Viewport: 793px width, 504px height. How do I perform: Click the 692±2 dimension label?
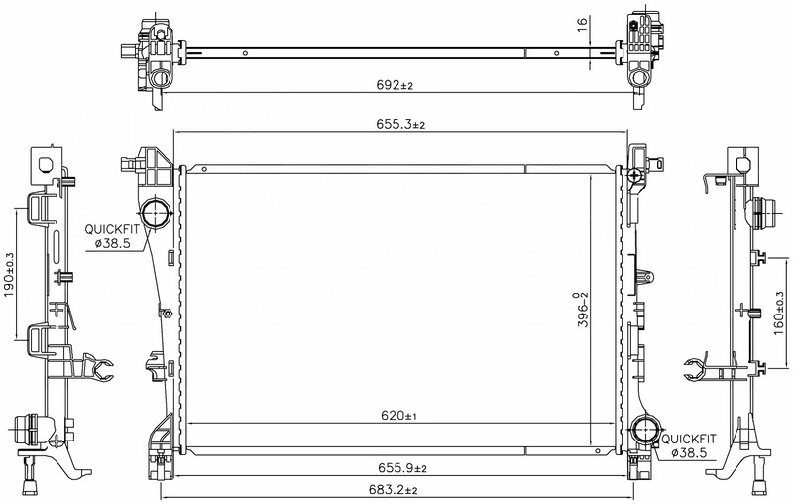click(x=395, y=85)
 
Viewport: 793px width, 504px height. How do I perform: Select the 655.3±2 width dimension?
click(x=400, y=124)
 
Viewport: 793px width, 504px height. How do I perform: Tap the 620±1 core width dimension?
click(x=399, y=416)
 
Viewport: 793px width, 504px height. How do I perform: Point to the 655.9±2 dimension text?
click(x=402, y=468)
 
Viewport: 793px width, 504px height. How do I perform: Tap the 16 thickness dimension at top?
click(x=582, y=23)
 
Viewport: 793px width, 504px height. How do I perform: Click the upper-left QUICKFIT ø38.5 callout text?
click(x=112, y=236)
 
